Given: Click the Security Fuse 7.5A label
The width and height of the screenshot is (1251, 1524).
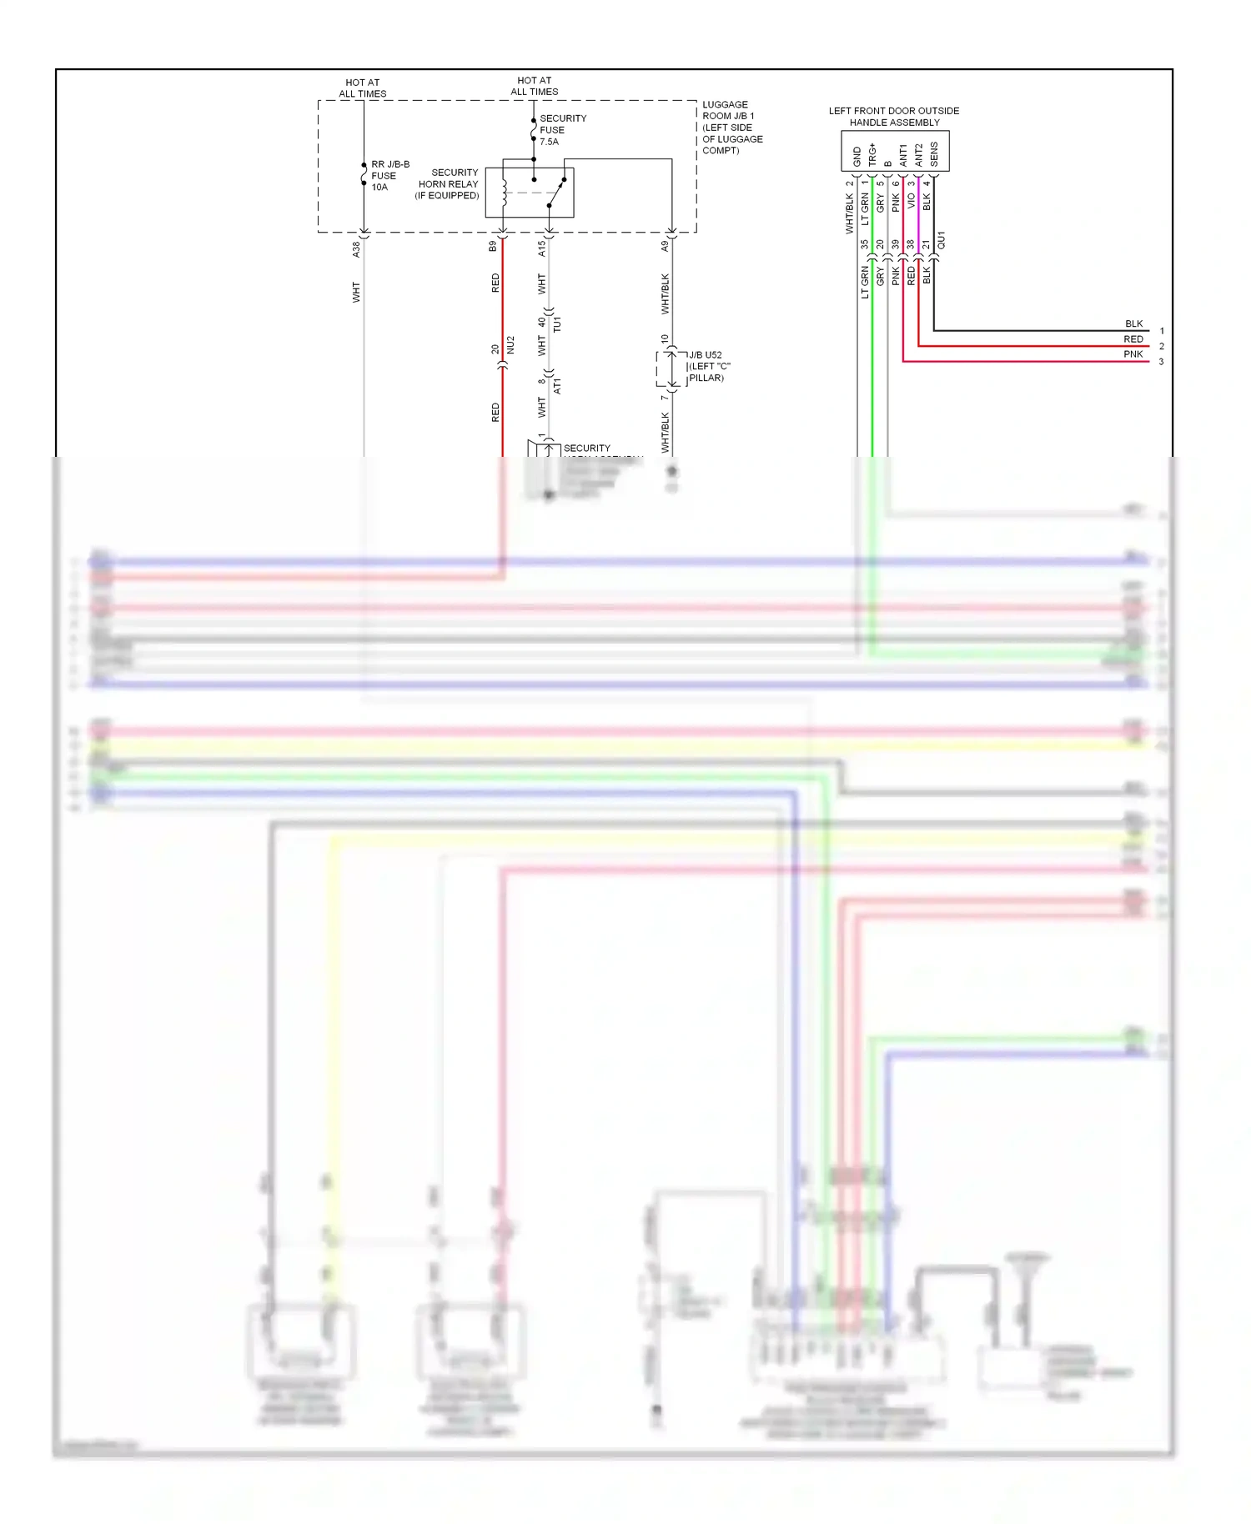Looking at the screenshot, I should [x=562, y=130].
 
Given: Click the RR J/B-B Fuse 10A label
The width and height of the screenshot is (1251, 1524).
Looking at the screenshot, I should [x=389, y=176].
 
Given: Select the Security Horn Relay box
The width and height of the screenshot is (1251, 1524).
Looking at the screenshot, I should [x=529, y=193].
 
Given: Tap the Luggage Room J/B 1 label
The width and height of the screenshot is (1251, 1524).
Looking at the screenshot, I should [x=731, y=128].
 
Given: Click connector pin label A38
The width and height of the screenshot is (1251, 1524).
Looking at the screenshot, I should [x=356, y=248].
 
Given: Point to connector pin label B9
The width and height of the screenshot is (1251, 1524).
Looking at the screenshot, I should [x=493, y=247].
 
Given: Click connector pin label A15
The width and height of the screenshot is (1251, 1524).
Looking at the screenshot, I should [x=541, y=248].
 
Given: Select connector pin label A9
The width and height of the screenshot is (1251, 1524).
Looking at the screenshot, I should [x=665, y=246].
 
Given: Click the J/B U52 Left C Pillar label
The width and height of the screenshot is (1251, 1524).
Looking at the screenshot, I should [x=708, y=367].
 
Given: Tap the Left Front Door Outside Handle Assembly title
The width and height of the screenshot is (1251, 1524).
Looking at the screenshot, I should [x=893, y=117].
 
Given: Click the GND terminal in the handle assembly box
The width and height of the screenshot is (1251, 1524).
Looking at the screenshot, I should [x=857, y=156].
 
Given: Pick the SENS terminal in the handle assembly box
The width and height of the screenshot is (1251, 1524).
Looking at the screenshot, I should [x=934, y=154].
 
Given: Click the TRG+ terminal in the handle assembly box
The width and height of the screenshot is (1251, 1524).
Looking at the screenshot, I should [x=872, y=154].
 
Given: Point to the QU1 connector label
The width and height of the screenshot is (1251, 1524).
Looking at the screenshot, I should [x=942, y=241].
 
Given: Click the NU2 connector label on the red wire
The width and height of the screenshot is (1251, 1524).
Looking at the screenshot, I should [x=510, y=345].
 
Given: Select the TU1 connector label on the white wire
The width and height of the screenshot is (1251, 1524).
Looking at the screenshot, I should [x=557, y=324].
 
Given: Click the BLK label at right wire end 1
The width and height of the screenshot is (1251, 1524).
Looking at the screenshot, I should [x=1133, y=323].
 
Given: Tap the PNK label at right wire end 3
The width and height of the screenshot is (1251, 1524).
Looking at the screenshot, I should [x=1133, y=354].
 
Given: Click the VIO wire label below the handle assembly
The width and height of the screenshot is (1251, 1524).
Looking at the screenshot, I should [x=911, y=201].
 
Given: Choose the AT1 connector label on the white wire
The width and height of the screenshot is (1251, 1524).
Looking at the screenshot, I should [x=557, y=386].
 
